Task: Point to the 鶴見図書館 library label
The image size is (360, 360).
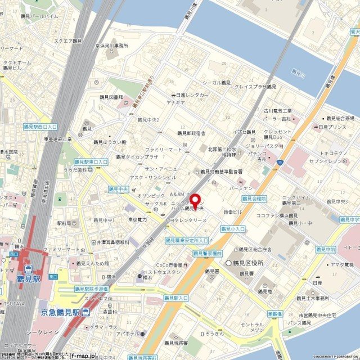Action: pyautogui.click(x=111, y=97)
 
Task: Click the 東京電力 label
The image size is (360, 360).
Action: pyautogui.click(x=137, y=219)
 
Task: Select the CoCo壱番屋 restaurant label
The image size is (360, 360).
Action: pyautogui.click(x=168, y=265)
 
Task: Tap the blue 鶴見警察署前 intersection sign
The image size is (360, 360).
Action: pyautogui.click(x=208, y=254)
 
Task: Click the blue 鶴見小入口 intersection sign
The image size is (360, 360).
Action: pyautogui.click(x=232, y=229)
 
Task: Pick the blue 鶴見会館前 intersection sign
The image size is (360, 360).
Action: pyautogui.click(x=254, y=199)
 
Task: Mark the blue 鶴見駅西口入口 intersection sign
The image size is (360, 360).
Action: pyautogui.click(x=40, y=128)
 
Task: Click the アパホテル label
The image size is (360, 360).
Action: pyautogui.click(x=127, y=333)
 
